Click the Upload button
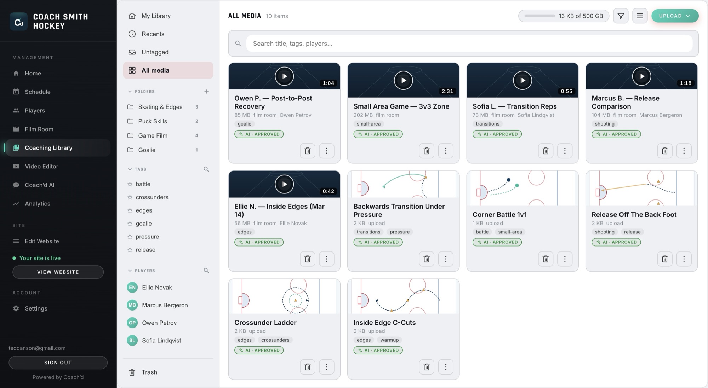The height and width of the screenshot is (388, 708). [675, 16]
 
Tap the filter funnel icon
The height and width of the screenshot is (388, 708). [621, 16]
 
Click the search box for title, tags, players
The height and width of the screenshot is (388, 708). [469, 44]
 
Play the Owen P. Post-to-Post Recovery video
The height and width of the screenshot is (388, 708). [284, 76]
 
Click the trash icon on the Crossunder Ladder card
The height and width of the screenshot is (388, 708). [307, 367]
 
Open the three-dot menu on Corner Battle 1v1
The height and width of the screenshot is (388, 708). [565, 259]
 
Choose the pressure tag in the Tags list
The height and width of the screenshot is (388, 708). [147, 237]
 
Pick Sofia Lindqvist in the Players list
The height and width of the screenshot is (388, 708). [161, 340]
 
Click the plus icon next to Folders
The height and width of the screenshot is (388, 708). [206, 92]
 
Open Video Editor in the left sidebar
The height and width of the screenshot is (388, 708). [41, 166]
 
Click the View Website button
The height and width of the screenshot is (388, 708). [58, 272]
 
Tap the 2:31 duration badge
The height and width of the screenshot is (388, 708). [447, 91]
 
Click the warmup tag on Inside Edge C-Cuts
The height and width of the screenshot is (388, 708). [389, 340]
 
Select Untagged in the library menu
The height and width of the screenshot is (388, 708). [155, 52]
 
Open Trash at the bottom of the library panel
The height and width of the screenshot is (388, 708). [149, 372]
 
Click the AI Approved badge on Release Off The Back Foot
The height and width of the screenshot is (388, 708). [616, 242]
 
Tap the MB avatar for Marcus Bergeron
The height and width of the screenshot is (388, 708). [132, 305]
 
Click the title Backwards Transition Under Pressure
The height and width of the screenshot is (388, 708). [399, 210]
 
